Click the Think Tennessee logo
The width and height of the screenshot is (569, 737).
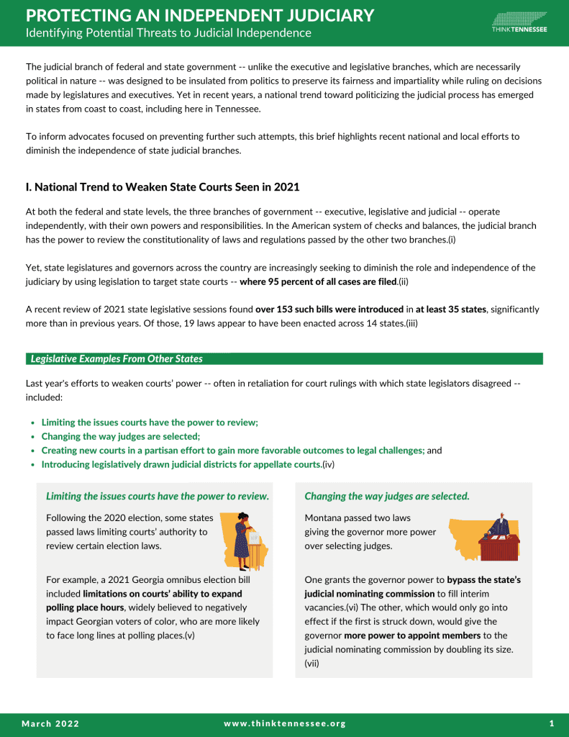coord(519,22)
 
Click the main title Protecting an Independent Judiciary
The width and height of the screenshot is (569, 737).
coord(200,15)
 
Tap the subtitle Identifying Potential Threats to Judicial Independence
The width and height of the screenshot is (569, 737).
coord(168,33)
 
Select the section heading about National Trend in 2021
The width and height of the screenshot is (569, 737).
coord(163,187)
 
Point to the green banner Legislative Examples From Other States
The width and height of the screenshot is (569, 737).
coord(117,358)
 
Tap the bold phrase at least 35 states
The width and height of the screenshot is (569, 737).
coord(451,309)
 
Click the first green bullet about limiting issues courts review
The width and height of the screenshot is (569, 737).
coord(150,422)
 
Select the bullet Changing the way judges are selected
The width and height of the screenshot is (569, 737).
coord(121,436)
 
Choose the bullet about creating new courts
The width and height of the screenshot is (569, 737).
coord(233,451)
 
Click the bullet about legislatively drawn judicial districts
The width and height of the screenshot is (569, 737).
coord(181,464)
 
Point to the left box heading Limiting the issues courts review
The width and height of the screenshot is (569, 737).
coord(158,496)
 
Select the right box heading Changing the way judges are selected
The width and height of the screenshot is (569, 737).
coord(387,496)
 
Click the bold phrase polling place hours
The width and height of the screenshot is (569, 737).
coord(85,607)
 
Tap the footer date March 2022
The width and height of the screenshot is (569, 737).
coord(50,723)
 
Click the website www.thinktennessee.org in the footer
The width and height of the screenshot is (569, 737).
coord(285,723)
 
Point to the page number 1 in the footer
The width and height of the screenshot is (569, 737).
coord(551,723)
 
